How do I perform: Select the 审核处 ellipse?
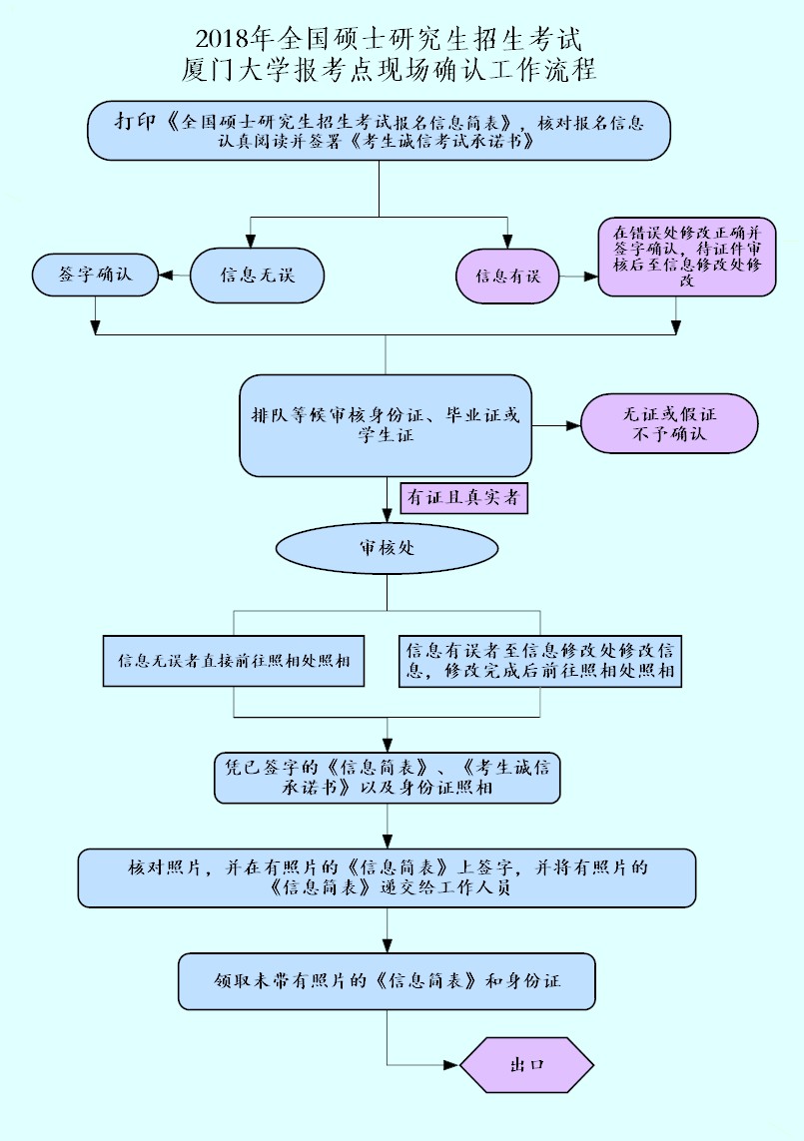[x=387, y=548]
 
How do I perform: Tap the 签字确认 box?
[x=95, y=275]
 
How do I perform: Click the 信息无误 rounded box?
[x=257, y=275]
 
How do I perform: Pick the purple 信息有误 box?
[x=507, y=276]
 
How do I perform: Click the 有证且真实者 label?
[x=463, y=498]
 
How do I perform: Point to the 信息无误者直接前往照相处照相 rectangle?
[x=234, y=661]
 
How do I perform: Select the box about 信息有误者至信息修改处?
[x=539, y=661]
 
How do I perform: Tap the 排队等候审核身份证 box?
[x=386, y=425]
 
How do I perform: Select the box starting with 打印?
[x=379, y=130]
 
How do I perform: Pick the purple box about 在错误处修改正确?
[x=687, y=258]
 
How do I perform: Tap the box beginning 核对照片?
[x=387, y=877]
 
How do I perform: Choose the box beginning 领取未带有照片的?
[x=387, y=980]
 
